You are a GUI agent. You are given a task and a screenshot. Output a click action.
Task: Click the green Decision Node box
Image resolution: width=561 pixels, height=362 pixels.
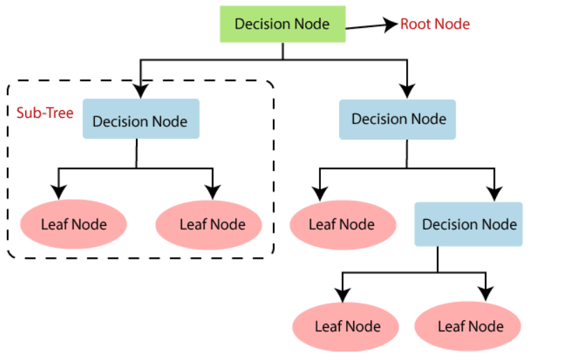[282, 24]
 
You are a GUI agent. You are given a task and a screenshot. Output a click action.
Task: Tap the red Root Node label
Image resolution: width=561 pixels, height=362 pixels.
[435, 24]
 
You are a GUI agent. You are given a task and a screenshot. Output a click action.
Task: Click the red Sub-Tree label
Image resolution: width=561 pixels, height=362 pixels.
[45, 112]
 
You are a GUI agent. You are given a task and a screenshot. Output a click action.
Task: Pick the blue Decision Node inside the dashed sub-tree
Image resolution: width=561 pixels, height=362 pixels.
[140, 121]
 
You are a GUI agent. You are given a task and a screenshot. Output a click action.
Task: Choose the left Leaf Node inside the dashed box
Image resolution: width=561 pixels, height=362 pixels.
[73, 225]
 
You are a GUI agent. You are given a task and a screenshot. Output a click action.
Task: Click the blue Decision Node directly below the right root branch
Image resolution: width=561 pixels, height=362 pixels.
[398, 119]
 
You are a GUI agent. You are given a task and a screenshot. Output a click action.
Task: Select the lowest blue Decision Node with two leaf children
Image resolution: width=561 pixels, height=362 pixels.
[469, 225]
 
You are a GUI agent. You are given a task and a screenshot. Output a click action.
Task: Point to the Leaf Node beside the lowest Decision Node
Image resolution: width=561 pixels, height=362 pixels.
[342, 225]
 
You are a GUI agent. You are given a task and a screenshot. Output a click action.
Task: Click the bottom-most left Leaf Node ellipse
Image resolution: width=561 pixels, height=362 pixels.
[347, 326]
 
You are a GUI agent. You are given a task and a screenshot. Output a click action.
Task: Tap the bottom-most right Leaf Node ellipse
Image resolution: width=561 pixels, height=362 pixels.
[469, 326]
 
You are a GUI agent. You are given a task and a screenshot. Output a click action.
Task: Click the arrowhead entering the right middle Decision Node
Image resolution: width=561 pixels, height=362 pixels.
[407, 90]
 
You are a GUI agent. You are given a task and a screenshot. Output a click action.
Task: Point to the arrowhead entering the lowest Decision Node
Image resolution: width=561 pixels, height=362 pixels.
[494, 193]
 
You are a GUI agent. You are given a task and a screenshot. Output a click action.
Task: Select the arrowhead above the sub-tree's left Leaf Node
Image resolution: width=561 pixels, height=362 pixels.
[59, 192]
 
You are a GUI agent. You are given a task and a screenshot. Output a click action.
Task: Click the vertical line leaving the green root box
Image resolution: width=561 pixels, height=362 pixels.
[282, 51]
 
